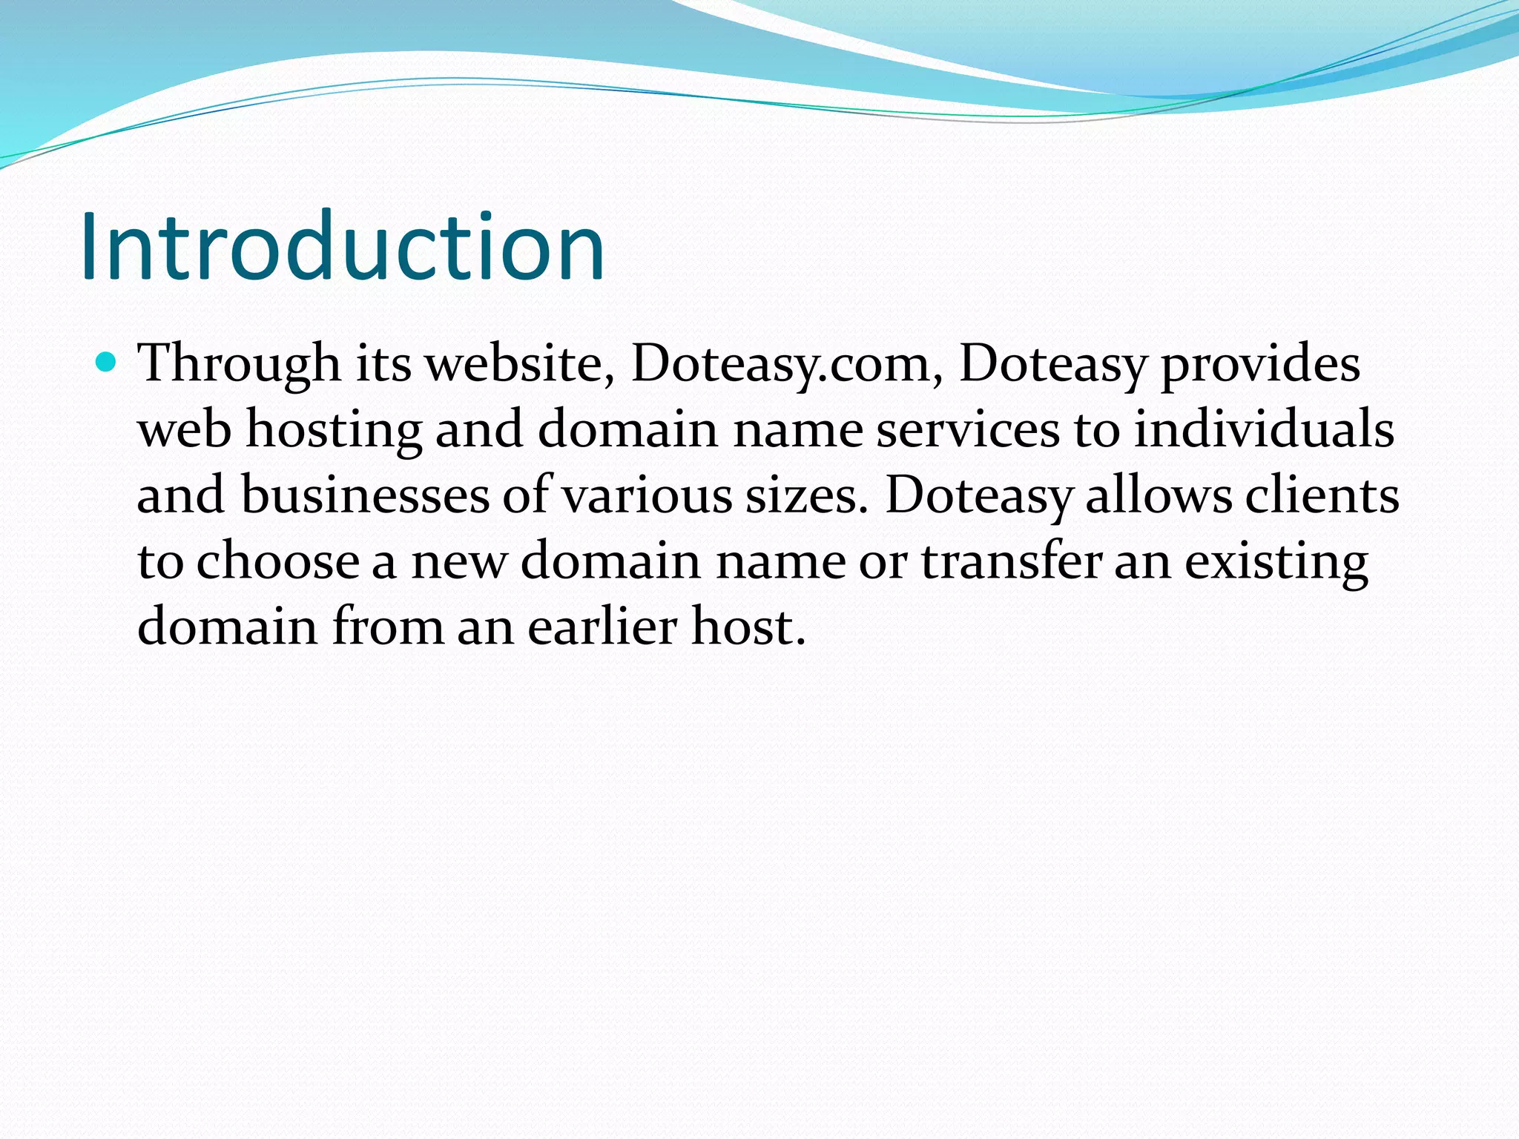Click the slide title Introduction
point(343,247)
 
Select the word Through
point(239,365)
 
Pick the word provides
point(1260,365)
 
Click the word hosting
point(334,431)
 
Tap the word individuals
point(1264,430)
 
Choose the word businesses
point(365,495)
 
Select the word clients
point(1322,495)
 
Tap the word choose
point(278,561)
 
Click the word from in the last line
point(387,627)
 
